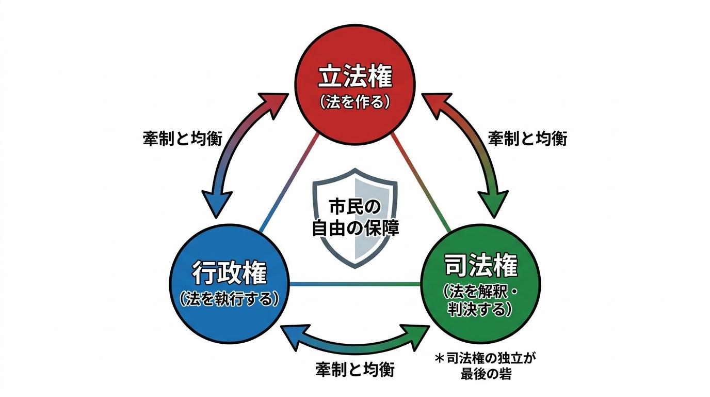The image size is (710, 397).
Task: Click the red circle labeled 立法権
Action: pyautogui.click(x=355, y=85)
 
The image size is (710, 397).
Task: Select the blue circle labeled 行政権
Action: pyautogui.click(x=230, y=284)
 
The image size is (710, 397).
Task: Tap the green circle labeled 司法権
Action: pyautogui.click(x=480, y=284)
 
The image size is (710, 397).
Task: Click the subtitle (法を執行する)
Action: pyautogui.click(x=230, y=299)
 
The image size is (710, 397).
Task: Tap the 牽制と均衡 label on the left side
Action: pyautogui.click(x=183, y=139)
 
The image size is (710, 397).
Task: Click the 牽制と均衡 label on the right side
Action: pyautogui.click(x=527, y=139)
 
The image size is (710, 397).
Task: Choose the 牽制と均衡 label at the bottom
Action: pyautogui.click(x=355, y=370)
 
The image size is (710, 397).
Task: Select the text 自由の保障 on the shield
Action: pyautogui.click(x=355, y=228)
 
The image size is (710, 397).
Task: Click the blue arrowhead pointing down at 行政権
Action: pyautogui.click(x=217, y=203)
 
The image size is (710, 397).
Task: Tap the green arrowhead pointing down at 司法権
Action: pyautogui.click(x=493, y=203)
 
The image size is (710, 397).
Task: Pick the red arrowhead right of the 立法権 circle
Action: pyautogui.click(x=435, y=103)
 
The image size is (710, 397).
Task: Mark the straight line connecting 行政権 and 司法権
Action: pyautogui.click(x=355, y=284)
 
